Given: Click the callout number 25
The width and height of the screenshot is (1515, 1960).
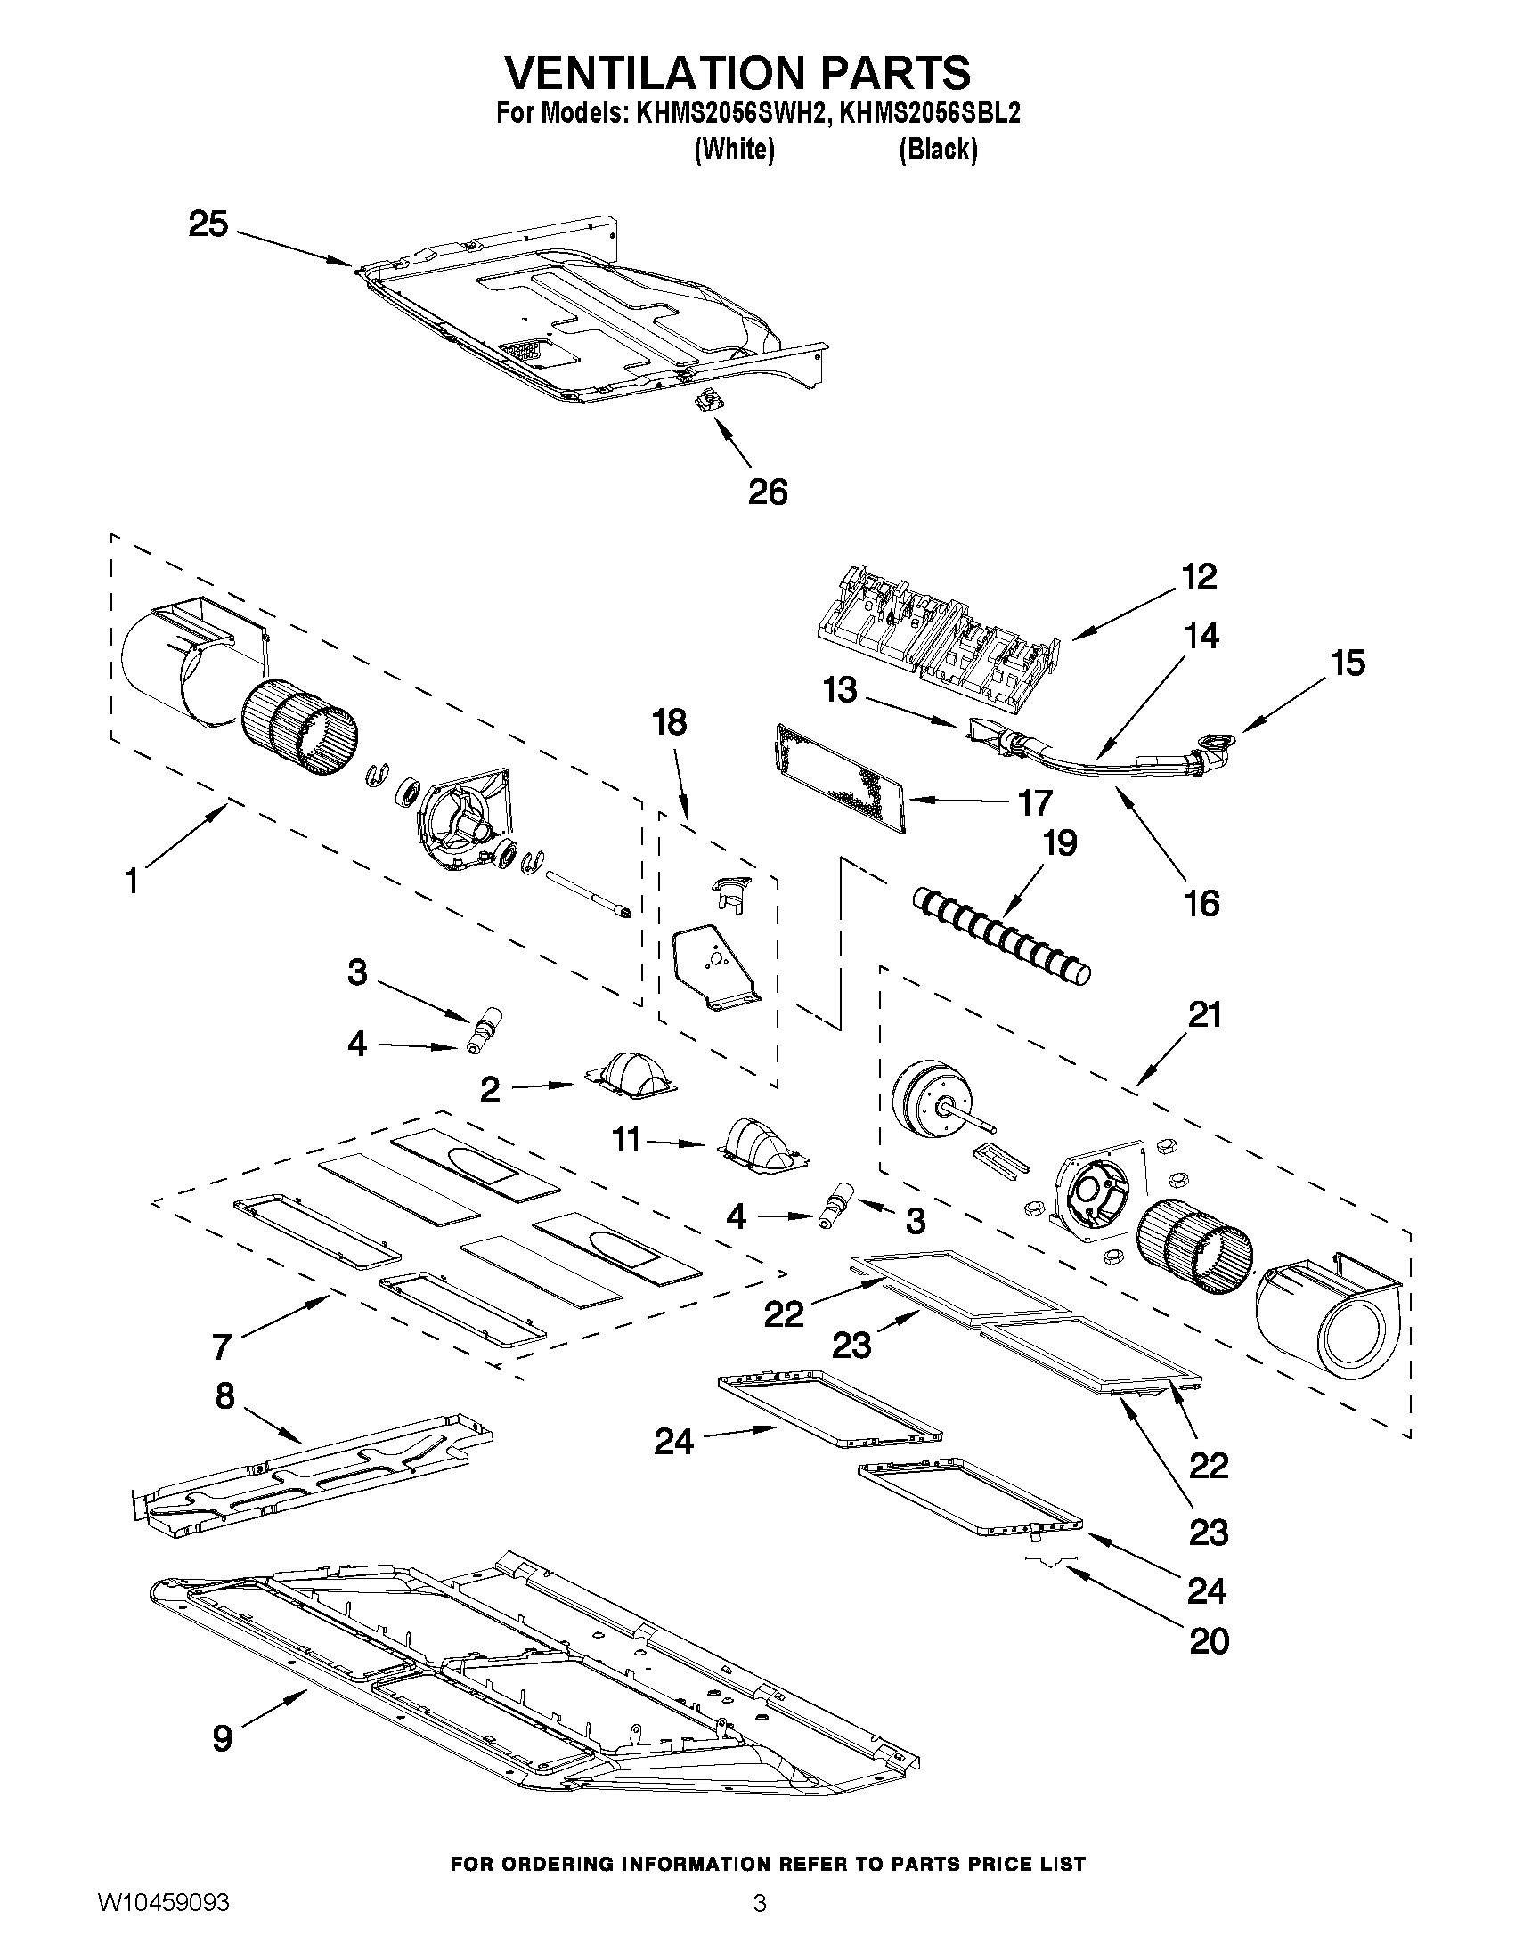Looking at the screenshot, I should tap(208, 224).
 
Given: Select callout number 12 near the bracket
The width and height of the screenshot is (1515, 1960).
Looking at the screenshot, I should tap(1199, 576).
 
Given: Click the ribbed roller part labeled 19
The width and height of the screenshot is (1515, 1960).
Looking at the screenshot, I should tap(1001, 938).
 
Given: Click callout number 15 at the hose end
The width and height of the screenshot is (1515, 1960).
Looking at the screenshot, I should tap(1348, 663).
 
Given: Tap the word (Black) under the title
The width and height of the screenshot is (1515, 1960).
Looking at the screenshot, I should tap(938, 150).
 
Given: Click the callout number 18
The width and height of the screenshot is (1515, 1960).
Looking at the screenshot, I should tap(670, 721).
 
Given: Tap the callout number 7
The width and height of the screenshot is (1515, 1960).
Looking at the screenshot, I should tap(222, 1371).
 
